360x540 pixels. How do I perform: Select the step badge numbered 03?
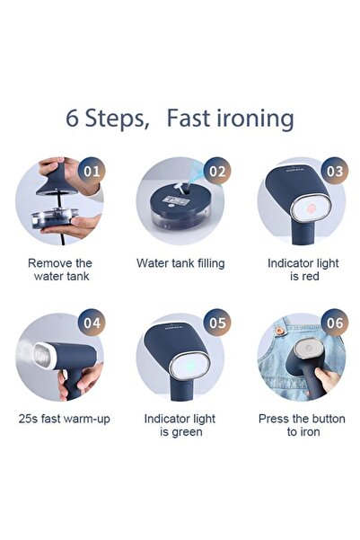[x=334, y=169]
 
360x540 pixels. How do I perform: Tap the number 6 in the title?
[x=72, y=118]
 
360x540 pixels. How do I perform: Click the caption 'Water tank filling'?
[x=180, y=263]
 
